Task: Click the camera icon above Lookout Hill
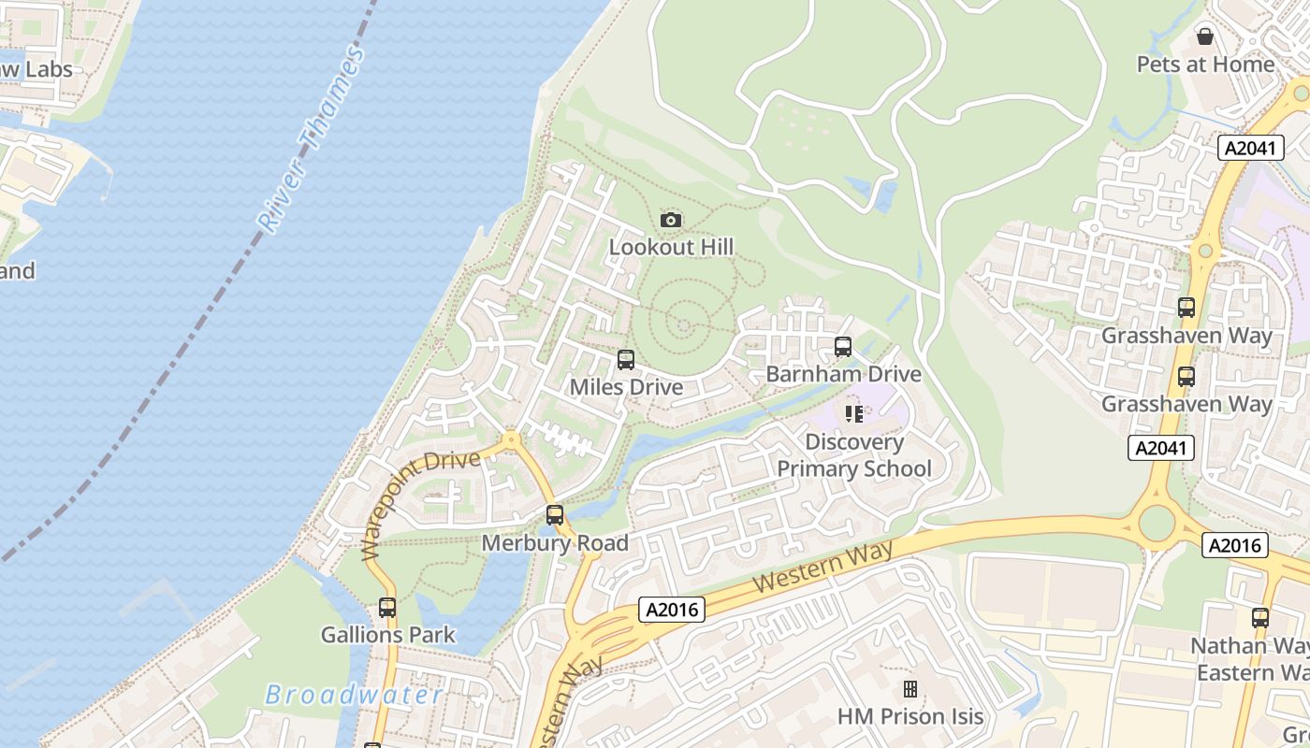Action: point(671,221)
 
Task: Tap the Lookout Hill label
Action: point(671,248)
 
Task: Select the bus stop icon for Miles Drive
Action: point(626,360)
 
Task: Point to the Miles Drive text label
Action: point(626,387)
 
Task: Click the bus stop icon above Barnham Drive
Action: point(843,348)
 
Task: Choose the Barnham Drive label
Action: point(843,375)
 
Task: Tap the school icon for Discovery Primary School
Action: point(853,413)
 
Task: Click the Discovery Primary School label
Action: point(854,455)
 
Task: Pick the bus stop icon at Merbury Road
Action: point(555,515)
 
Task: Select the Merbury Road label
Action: point(555,543)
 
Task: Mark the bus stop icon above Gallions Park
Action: point(387,608)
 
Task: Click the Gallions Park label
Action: point(387,635)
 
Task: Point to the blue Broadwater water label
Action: point(354,695)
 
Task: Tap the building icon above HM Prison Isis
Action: point(910,690)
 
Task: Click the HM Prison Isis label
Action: point(910,717)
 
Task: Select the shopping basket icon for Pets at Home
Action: point(1205,36)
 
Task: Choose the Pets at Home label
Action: point(1205,65)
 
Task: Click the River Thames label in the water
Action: point(311,140)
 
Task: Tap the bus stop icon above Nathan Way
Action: point(1260,618)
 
